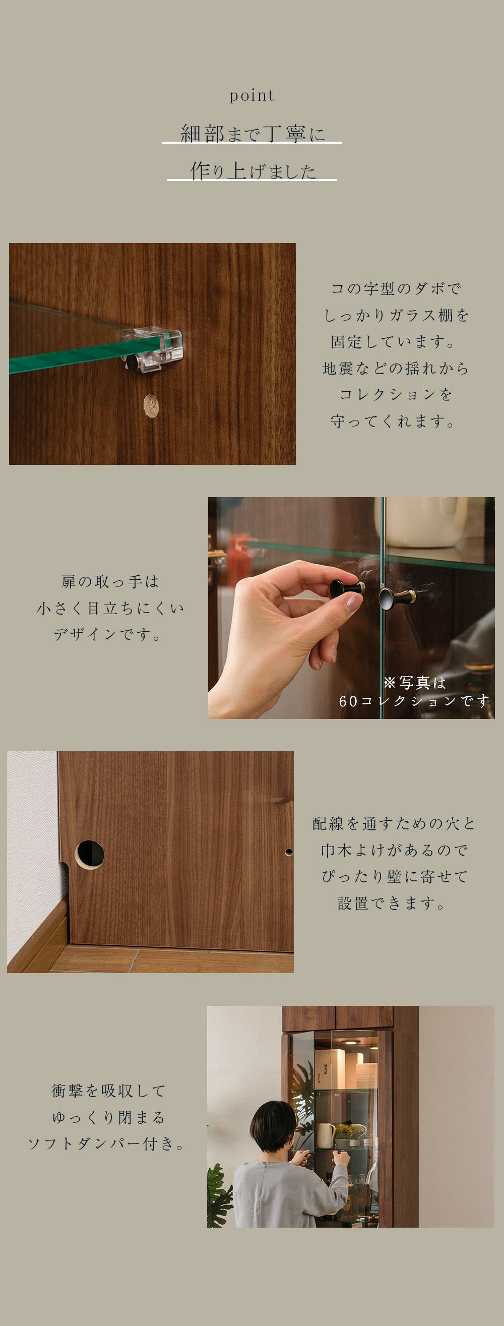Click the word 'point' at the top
(x=251, y=96)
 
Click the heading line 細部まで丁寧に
(x=253, y=134)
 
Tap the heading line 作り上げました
(x=253, y=171)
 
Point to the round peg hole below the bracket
(x=151, y=406)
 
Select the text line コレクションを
(x=395, y=395)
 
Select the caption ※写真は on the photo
(x=414, y=683)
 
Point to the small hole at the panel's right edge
(x=289, y=852)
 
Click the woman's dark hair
(x=273, y=1128)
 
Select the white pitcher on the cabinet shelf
(x=326, y=1136)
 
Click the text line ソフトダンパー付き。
(x=106, y=1144)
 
